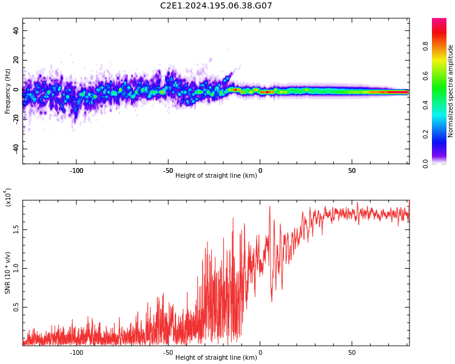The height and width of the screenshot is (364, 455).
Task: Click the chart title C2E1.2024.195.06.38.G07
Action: point(216,6)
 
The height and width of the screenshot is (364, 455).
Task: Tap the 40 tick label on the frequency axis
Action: point(16,30)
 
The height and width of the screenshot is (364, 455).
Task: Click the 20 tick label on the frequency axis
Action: point(16,60)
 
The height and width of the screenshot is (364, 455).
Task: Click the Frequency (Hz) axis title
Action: point(8,91)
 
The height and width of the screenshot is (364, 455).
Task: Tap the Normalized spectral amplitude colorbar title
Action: point(451,91)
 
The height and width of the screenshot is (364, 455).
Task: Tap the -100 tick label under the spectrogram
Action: point(76,171)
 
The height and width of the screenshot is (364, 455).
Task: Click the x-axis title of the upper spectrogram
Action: point(216,176)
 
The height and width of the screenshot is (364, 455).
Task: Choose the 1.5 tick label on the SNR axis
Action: point(16,229)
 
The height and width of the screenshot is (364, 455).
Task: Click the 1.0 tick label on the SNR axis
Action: point(16,268)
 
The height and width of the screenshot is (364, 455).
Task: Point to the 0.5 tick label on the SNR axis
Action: point(16,307)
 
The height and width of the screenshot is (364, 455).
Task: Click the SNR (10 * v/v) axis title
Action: point(8,273)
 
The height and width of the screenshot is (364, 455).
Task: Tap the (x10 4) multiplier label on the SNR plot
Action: point(8,197)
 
